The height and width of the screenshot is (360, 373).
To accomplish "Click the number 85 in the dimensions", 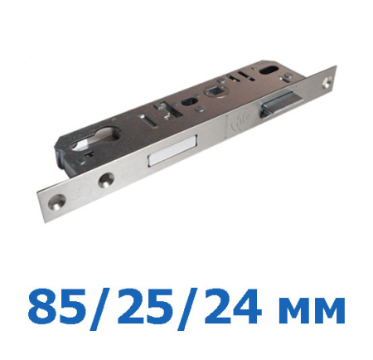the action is click(x=56, y=307).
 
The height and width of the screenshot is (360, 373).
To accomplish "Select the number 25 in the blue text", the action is click(x=146, y=307).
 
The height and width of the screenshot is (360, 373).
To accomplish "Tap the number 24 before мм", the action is click(x=233, y=307).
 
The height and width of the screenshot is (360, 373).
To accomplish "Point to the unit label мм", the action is click(x=313, y=311).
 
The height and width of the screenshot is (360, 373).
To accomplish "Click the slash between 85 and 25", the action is click(x=101, y=309).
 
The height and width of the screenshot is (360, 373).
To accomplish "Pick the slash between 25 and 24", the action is click(x=188, y=309).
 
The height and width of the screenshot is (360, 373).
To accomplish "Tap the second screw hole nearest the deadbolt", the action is click(x=106, y=178).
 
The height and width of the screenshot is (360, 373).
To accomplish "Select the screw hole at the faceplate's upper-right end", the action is click(x=328, y=83).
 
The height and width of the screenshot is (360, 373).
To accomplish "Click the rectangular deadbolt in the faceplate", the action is click(x=172, y=151).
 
